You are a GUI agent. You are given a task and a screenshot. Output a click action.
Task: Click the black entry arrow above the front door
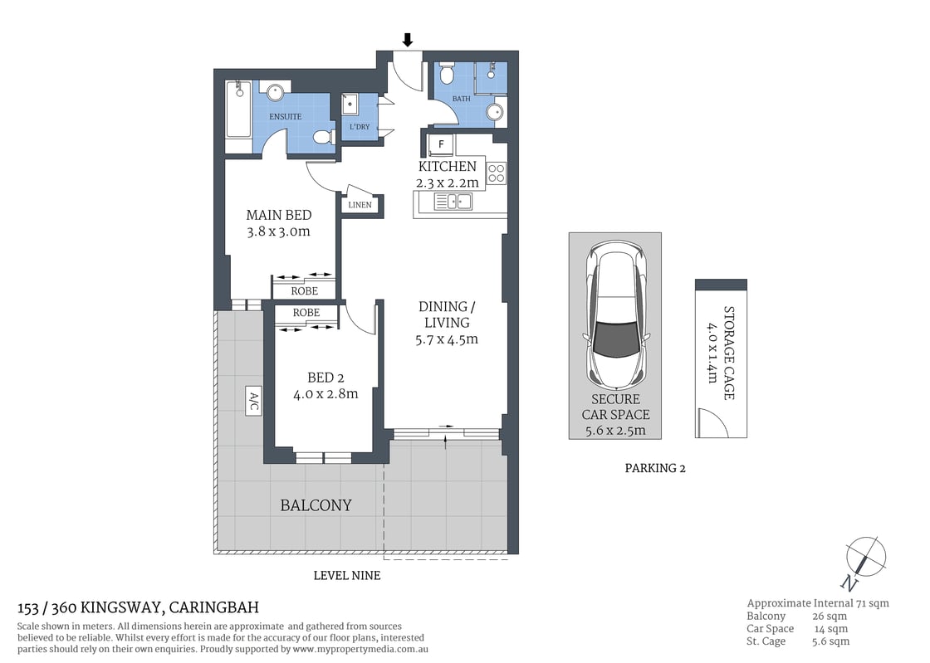tap(408, 39)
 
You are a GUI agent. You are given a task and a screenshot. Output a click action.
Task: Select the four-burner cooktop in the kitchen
tap(496, 173)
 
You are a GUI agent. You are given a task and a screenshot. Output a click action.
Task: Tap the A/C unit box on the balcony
tap(253, 401)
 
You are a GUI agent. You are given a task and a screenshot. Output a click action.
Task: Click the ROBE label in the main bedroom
tap(304, 291)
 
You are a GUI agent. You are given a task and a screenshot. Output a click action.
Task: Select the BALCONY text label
tap(316, 505)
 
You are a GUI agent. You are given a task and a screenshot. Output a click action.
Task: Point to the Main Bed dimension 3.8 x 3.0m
tap(279, 232)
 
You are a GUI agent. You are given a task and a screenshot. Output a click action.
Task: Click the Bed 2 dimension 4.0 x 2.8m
tap(325, 394)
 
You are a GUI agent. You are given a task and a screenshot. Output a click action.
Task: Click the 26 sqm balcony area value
tap(830, 617)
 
